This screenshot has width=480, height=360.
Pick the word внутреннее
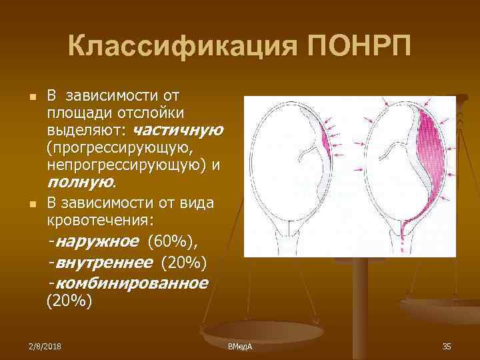click(x=104, y=261)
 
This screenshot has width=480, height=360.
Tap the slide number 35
click(x=447, y=346)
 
